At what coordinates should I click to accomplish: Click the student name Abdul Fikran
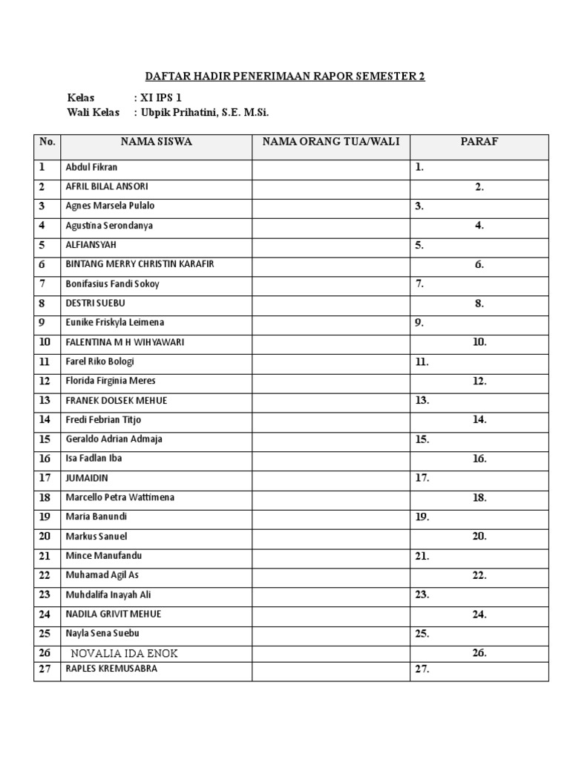[91, 167]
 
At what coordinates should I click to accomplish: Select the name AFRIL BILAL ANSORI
[106, 186]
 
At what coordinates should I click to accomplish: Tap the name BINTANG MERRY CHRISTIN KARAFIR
[140, 264]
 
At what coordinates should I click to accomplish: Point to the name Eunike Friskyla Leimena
[114, 323]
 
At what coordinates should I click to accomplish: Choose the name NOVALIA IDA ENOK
[125, 653]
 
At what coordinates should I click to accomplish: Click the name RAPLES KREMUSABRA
[111, 669]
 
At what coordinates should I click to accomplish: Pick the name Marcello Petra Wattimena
[119, 497]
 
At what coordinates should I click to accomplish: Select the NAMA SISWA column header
[156, 142]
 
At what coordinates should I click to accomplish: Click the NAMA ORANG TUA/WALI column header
[330, 142]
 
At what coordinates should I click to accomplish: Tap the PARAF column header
[479, 142]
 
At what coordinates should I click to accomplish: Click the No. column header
[47, 142]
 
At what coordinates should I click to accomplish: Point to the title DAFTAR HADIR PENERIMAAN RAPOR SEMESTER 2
[284, 76]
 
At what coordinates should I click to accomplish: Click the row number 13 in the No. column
[45, 401]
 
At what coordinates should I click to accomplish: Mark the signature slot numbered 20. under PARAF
[479, 537]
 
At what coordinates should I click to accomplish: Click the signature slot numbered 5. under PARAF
[419, 245]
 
